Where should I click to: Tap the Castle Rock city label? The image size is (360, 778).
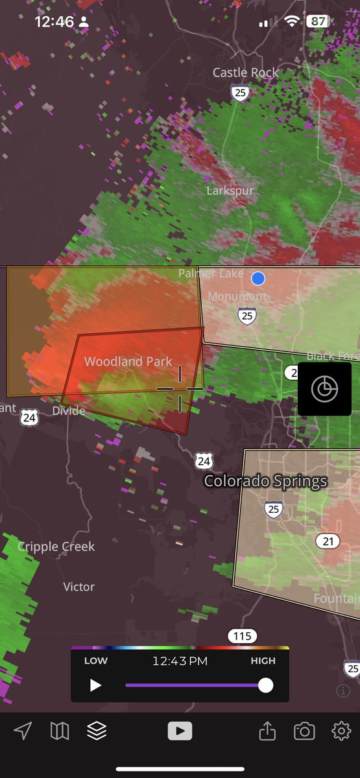click(245, 73)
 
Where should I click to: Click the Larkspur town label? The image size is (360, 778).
click(230, 191)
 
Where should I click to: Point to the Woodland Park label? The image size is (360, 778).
click(128, 361)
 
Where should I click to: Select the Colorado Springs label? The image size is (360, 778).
click(265, 481)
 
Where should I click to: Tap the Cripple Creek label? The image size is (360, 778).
click(56, 547)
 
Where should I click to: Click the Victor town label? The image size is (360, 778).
click(78, 587)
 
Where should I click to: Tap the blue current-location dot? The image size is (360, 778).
click(258, 279)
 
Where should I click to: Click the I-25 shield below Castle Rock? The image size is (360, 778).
click(241, 93)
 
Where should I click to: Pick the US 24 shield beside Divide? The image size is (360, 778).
click(29, 418)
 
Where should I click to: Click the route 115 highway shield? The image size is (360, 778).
click(242, 636)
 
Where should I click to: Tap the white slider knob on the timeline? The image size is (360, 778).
click(265, 685)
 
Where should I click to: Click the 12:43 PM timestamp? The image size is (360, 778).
click(180, 661)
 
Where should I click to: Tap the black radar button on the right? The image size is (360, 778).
click(324, 389)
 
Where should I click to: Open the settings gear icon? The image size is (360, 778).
click(341, 731)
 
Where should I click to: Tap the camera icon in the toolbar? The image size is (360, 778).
click(304, 731)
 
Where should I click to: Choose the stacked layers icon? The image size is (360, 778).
click(97, 731)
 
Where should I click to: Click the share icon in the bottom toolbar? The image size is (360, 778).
click(267, 731)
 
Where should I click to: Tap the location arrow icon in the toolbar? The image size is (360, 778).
click(23, 731)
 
